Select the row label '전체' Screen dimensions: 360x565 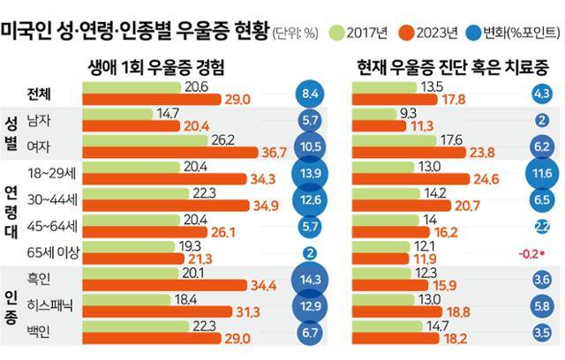point(41,94)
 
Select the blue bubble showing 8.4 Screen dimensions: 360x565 point(310,94)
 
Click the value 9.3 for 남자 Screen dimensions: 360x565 point(408,113)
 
